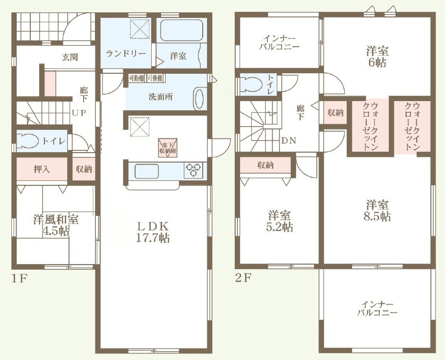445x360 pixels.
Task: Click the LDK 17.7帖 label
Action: coord(153,232)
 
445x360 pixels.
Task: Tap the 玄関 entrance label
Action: coord(70,57)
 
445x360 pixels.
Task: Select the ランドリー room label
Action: coord(126,54)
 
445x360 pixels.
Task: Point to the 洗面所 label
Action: coord(161,97)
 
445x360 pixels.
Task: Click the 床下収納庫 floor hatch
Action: coord(168,147)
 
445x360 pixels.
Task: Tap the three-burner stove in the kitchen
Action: coord(194,170)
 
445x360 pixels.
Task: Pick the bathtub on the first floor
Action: coord(181,31)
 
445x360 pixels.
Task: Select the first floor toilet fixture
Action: coord(28,140)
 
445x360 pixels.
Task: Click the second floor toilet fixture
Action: coord(250,84)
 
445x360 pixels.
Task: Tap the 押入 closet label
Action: coord(42,170)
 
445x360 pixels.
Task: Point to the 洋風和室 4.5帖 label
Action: coord(56,225)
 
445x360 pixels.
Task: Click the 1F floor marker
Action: coord(19,278)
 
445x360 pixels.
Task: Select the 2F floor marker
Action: coord(243,278)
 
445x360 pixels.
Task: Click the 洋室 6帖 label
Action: coord(377,57)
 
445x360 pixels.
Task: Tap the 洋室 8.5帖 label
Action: coord(377,210)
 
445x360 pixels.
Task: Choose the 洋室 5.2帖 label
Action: coord(280,222)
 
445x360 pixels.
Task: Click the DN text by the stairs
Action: coord(289,140)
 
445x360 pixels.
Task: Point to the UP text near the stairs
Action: coord(78,113)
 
